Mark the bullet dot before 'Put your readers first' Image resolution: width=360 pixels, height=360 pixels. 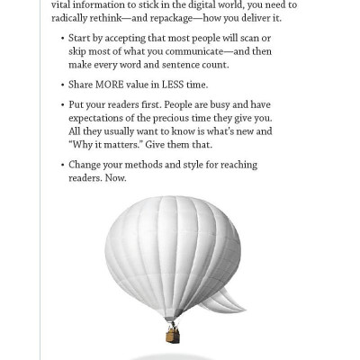pos(63,104)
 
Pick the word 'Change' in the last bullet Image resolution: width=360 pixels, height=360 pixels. pos(87,165)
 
